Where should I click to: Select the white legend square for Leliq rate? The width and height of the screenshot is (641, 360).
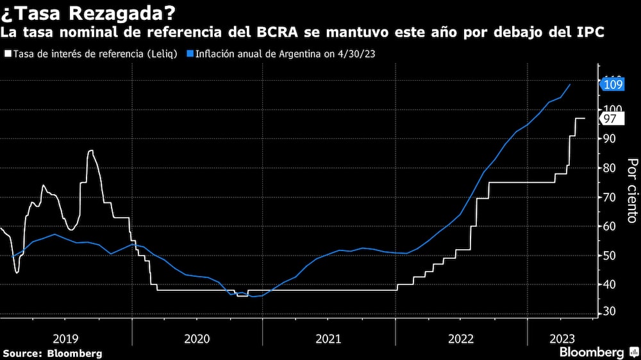tap(8, 54)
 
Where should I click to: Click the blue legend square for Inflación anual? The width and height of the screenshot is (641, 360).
tap(190, 54)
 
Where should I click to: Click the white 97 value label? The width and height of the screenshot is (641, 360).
tap(610, 119)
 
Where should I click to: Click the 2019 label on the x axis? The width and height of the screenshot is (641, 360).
tap(65, 337)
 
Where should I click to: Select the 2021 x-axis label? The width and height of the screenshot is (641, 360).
tap(328, 337)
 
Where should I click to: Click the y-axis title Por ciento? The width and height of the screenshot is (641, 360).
tap(632, 190)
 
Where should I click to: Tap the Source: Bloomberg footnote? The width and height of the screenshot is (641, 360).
tap(53, 353)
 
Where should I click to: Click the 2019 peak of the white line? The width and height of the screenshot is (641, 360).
tap(90, 151)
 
